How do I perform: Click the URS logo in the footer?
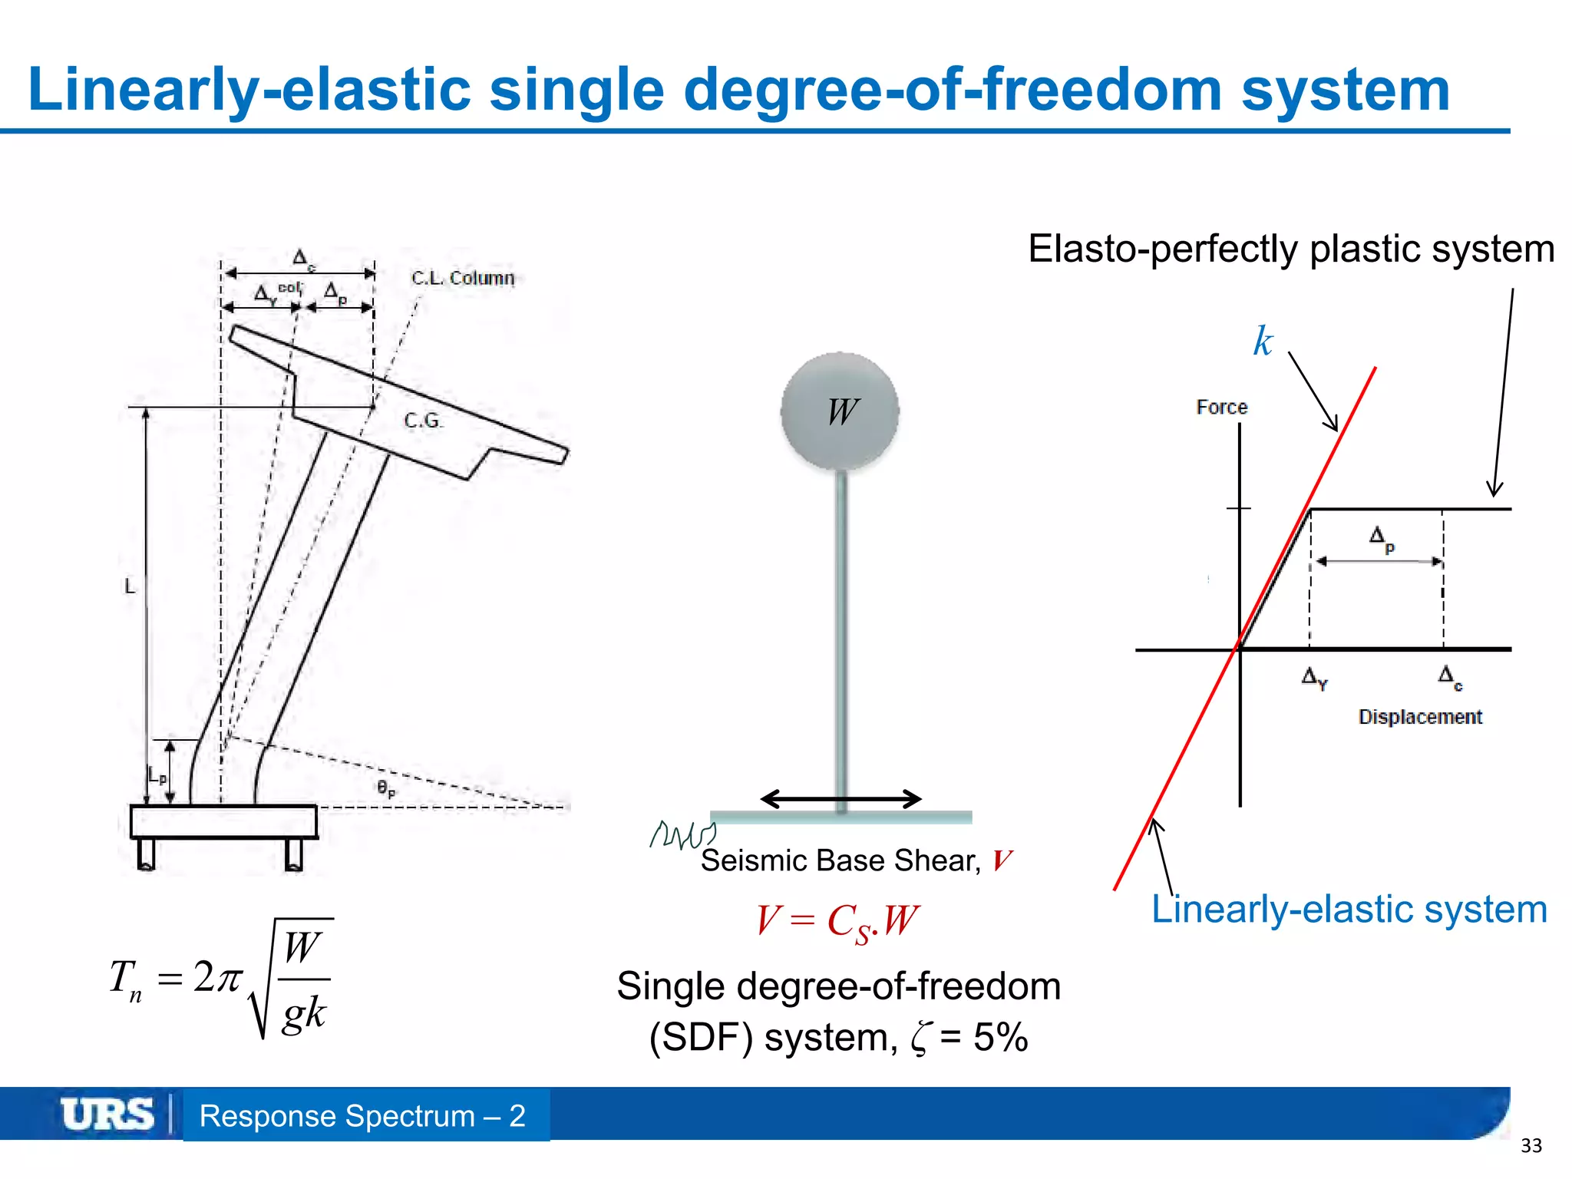(x=107, y=1115)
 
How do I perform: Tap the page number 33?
(x=1531, y=1146)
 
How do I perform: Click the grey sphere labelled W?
(x=840, y=411)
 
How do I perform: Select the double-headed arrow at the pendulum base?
(x=840, y=799)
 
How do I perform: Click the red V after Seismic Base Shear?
(x=1002, y=861)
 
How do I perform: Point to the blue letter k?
(x=1263, y=342)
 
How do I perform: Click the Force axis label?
(x=1221, y=408)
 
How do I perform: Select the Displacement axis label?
(x=1419, y=717)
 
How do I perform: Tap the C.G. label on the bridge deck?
(x=423, y=421)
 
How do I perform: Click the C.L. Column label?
(x=462, y=278)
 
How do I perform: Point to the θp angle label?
(x=386, y=788)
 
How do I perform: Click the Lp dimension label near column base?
(x=157, y=776)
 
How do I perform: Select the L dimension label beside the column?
(x=130, y=587)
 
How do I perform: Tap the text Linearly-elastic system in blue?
(x=1349, y=910)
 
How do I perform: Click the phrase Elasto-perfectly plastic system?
(x=1291, y=249)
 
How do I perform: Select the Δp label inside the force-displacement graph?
(x=1381, y=539)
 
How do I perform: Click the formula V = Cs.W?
(x=837, y=920)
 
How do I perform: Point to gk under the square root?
(x=304, y=1013)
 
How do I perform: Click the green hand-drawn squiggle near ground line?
(x=682, y=834)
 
